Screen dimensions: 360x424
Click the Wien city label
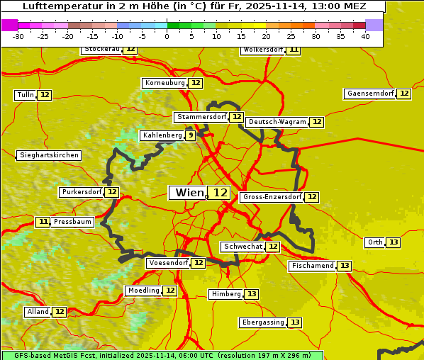[189, 193]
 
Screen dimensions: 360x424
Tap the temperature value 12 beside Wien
[220, 193]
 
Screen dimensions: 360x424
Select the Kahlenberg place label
[162, 135]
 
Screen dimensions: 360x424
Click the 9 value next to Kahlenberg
[190, 135]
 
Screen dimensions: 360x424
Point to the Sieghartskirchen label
[48, 155]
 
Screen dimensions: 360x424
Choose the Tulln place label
[25, 95]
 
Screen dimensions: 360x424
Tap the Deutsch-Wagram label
[277, 122]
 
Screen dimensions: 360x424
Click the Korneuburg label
[165, 83]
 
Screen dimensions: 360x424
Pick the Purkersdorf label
[82, 192]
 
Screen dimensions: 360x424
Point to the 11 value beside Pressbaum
[43, 222]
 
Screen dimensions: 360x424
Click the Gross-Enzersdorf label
[272, 197]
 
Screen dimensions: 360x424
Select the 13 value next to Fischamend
[344, 266]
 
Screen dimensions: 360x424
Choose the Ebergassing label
[263, 322]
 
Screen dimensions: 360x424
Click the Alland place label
[38, 312]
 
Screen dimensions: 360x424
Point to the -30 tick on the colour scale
[18, 36]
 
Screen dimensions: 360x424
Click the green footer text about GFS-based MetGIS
[162, 355]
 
